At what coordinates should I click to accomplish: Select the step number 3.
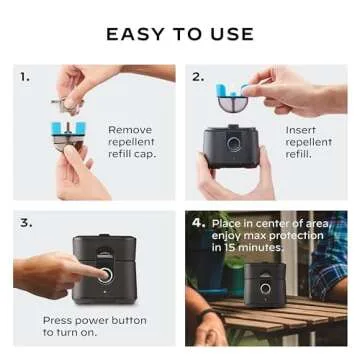coord(24,222)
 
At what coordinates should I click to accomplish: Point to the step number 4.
coord(198,222)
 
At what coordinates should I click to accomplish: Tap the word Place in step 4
coord(228,222)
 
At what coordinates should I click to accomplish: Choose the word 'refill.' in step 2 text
coord(299,154)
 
